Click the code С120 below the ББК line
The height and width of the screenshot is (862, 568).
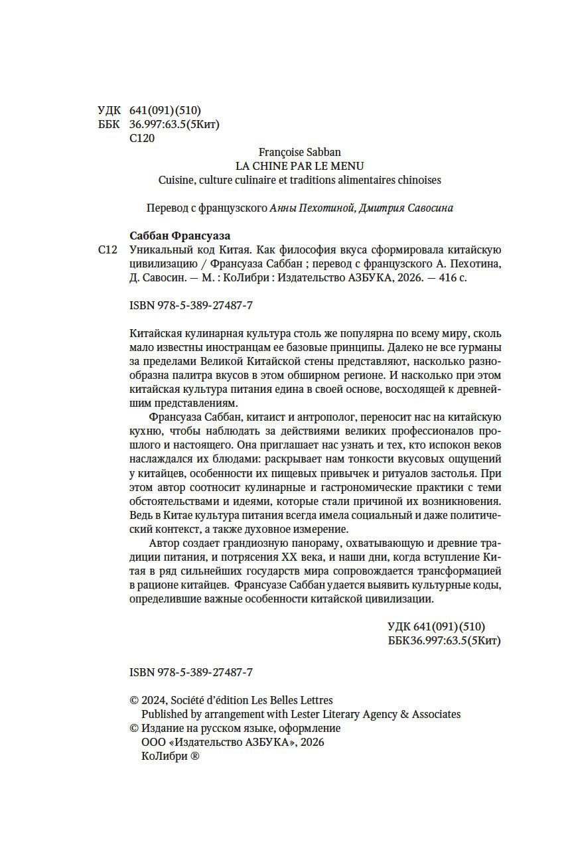tap(143, 139)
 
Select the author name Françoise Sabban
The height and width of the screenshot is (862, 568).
tap(299, 153)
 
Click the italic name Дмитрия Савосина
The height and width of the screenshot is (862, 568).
tap(405, 208)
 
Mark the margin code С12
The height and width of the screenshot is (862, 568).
tap(107, 250)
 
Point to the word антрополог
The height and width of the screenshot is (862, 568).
tap(332, 417)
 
